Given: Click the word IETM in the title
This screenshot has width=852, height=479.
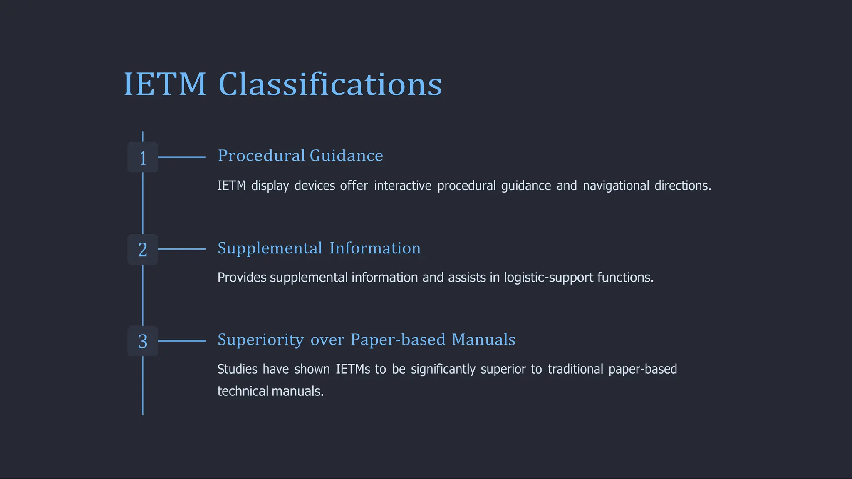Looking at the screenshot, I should (x=165, y=84).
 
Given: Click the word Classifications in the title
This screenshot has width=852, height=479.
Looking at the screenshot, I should (x=330, y=84).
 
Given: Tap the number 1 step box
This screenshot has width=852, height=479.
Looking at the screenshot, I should (x=143, y=158).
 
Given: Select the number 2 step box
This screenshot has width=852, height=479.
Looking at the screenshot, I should (x=143, y=250).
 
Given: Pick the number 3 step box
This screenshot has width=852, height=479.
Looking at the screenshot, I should (x=143, y=341).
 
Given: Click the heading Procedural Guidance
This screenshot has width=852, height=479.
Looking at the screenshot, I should (x=300, y=156).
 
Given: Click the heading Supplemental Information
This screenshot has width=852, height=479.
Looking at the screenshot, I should (x=319, y=248).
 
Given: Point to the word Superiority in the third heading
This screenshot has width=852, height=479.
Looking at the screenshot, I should (x=261, y=340).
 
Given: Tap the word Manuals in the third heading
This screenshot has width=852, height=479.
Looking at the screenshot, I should (x=483, y=340).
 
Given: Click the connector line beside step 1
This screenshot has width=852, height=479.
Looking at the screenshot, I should (x=182, y=157).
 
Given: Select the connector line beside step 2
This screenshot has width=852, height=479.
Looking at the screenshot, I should (x=182, y=249).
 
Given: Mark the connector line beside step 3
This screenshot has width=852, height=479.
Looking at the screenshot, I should (x=182, y=341).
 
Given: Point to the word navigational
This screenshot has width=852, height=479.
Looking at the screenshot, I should (x=616, y=186).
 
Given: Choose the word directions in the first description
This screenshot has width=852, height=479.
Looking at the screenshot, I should (x=683, y=186).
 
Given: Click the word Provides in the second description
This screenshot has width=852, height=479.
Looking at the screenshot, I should (x=242, y=278).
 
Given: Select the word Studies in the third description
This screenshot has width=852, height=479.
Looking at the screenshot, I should (x=238, y=369).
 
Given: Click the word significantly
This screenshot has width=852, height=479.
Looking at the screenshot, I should (x=443, y=370).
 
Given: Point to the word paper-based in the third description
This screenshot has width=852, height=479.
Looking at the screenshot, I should (x=643, y=369).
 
